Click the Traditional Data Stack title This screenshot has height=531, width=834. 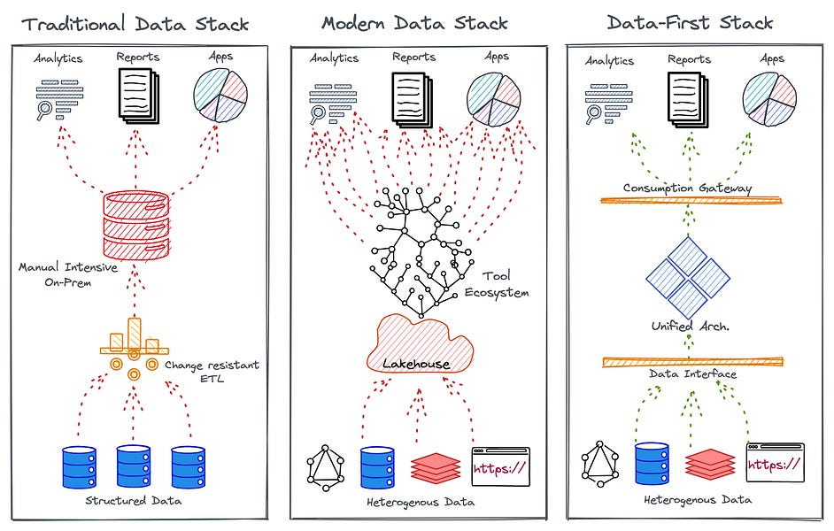click(x=135, y=24)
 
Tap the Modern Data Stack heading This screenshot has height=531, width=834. click(x=415, y=23)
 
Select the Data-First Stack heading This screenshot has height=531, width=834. click(x=691, y=22)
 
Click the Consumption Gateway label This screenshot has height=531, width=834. click(x=687, y=188)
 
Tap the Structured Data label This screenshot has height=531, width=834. click(x=135, y=501)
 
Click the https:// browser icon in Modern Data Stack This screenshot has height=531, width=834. click(x=499, y=466)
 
